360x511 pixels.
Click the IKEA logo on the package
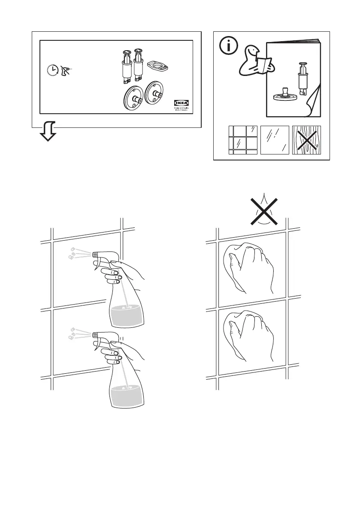click(181, 103)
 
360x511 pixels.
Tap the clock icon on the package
click(53, 70)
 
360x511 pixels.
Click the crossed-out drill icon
click(66, 69)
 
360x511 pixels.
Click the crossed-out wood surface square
click(306, 140)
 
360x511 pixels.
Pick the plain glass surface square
click(275, 140)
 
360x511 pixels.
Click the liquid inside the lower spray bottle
click(126, 395)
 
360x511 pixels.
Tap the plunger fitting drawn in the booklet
click(302, 78)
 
